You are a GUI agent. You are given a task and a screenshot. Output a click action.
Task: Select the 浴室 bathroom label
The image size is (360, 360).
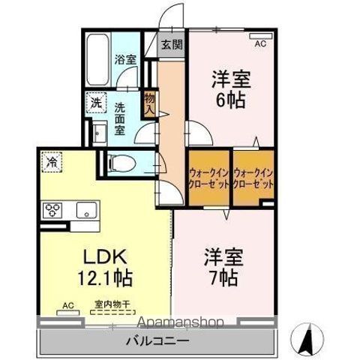tap(124, 58)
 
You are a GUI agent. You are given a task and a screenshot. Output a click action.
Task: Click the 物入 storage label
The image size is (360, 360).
tap(149, 103)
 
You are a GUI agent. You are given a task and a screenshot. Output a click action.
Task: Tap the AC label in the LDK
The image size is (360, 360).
tap(67, 306)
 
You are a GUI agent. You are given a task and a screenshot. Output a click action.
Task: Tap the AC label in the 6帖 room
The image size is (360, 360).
tap(260, 44)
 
